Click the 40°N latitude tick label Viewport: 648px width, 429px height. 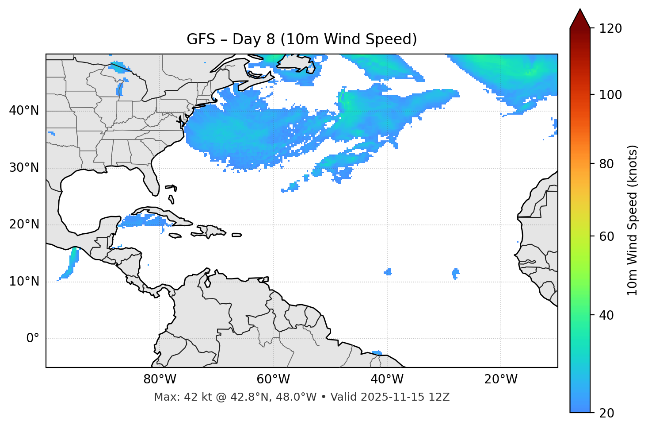[24, 111]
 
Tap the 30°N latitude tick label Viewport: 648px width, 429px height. [24, 168]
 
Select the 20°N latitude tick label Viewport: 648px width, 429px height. [24, 224]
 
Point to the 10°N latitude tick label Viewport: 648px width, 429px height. [24, 282]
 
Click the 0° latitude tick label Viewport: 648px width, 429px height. [33, 339]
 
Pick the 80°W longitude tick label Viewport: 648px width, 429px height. [160, 379]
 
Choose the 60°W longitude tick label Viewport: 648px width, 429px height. [273, 379]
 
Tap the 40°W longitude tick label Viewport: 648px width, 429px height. [387, 379]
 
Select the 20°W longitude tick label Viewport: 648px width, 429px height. [500, 379]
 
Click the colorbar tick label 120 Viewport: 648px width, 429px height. [610, 28]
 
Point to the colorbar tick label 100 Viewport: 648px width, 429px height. [610, 95]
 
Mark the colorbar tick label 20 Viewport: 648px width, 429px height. [606, 413]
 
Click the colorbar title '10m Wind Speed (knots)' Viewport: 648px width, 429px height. [633, 220]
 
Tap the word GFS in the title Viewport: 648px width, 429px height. [201, 39]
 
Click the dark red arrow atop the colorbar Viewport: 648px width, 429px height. [580, 19]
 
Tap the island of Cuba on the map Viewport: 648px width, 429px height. [162, 214]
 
